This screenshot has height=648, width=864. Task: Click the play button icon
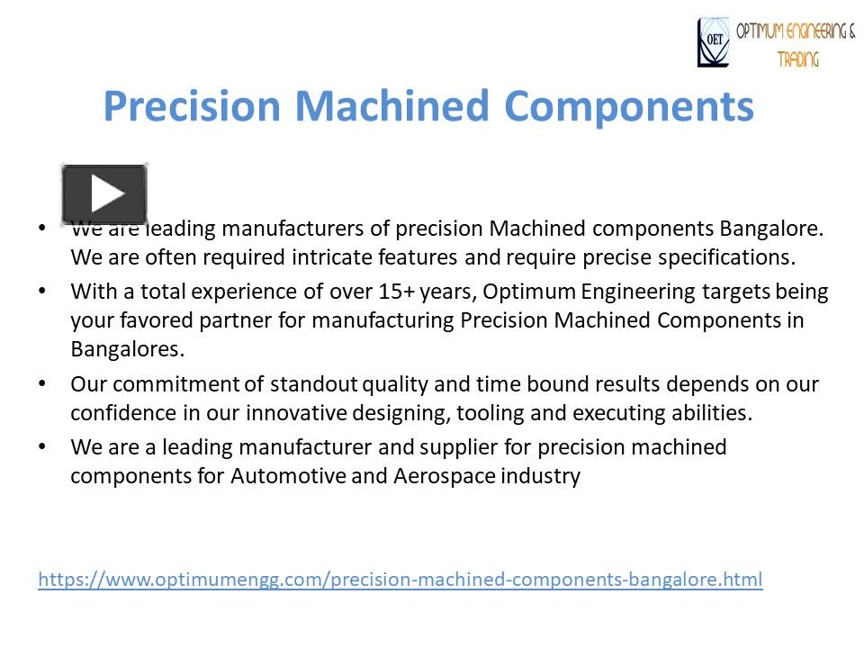coord(104,193)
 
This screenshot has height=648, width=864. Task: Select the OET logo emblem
coord(714,43)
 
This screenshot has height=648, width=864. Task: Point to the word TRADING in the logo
coord(798,59)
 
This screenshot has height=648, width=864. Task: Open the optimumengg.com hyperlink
coord(400,579)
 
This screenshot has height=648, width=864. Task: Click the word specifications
coord(726,256)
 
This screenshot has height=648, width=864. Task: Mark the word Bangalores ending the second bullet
coord(127,348)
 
